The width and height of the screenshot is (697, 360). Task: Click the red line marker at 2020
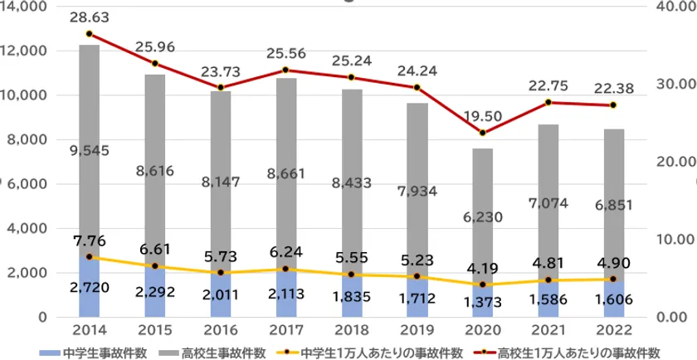pyautogui.click(x=483, y=133)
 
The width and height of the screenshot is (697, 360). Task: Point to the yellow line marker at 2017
pyautogui.click(x=285, y=269)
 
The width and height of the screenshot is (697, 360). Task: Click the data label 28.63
pyautogui.click(x=90, y=17)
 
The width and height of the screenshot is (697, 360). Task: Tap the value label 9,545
pyautogui.click(x=90, y=151)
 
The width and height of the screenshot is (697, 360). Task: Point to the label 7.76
pyautogui.click(x=90, y=241)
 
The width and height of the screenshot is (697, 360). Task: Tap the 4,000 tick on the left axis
pyautogui.click(x=27, y=228)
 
